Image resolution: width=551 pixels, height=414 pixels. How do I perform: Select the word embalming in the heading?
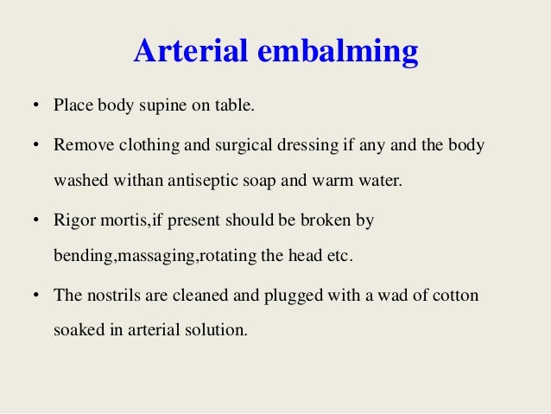pyautogui.click(x=337, y=54)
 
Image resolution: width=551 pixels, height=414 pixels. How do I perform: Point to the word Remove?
pyautogui.click(x=79, y=144)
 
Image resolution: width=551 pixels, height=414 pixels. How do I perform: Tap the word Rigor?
pyautogui.click(x=73, y=220)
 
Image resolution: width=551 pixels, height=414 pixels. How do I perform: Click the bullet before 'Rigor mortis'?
pyautogui.click(x=35, y=221)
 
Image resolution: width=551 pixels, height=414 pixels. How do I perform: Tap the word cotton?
pyautogui.click(x=455, y=295)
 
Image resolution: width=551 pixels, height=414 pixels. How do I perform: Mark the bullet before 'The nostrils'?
pyautogui.click(x=35, y=296)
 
